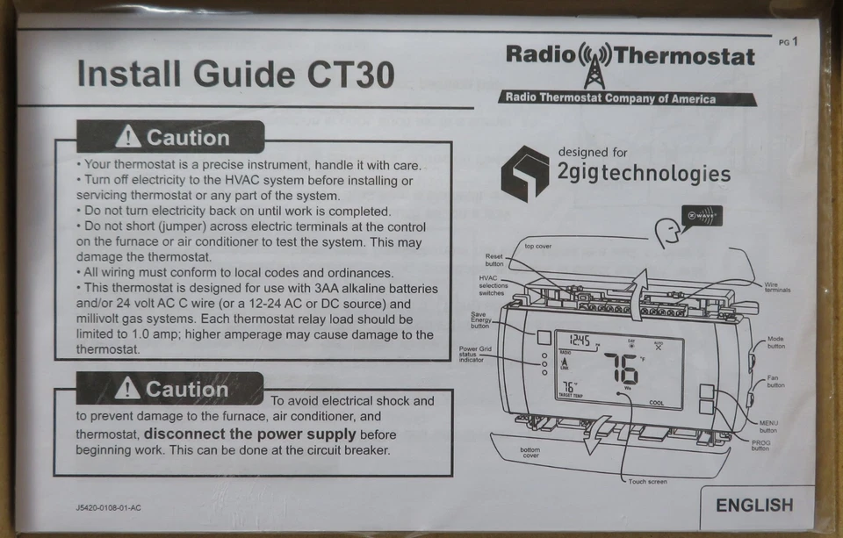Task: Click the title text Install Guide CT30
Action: (235, 74)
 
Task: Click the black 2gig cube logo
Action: (524, 173)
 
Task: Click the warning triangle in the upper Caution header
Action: (128, 137)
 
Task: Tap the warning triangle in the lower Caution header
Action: (128, 388)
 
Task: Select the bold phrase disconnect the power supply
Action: (250, 434)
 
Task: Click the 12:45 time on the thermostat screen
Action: (579, 341)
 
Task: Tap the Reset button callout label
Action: (494, 260)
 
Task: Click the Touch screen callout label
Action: (647, 482)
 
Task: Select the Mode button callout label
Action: (776, 342)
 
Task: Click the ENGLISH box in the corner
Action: (753, 506)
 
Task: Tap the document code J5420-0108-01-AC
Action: (109, 507)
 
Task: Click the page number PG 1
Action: (788, 40)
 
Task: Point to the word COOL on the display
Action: (656, 403)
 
